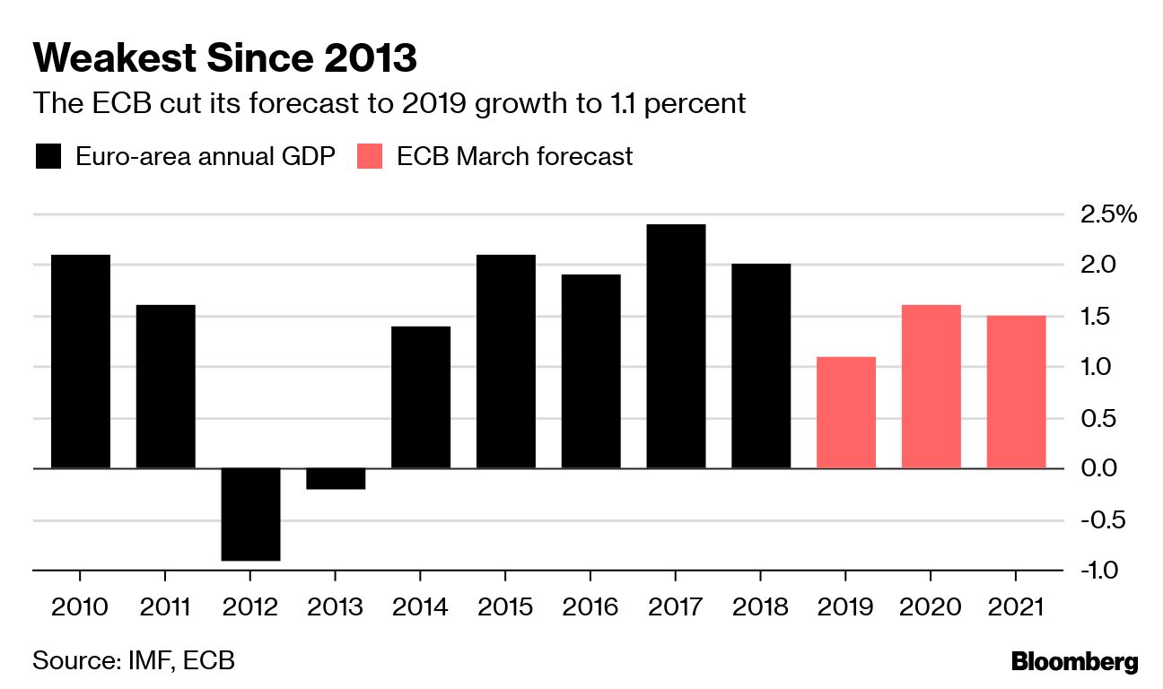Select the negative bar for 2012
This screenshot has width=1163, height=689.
pos(250,514)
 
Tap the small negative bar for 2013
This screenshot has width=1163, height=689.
pos(336,478)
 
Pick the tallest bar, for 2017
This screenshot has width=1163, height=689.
pos(676,346)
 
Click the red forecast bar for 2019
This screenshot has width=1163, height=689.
pos(846,413)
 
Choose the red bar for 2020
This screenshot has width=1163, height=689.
pos(931,387)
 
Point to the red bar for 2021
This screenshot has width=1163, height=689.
pos(1016,392)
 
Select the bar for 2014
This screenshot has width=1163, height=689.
pos(421,397)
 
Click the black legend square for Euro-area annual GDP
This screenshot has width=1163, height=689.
pos(48,157)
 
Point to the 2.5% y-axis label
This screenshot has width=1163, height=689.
pos(1109,214)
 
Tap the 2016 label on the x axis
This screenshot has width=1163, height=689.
pos(590,607)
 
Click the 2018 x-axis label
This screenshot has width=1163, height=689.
pos(761,607)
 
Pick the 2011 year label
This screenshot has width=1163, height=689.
pos(165,607)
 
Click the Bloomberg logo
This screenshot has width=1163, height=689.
pos(1074,663)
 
